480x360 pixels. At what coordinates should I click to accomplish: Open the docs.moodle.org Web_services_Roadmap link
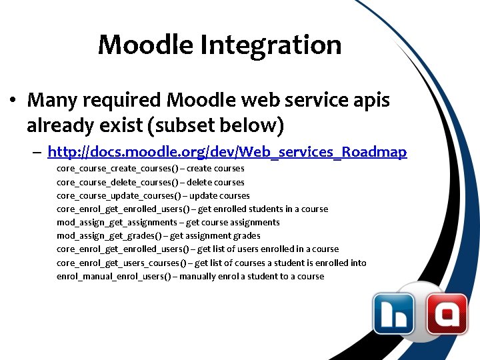click(227, 153)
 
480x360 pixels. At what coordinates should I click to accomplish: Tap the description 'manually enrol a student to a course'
click(252, 276)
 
